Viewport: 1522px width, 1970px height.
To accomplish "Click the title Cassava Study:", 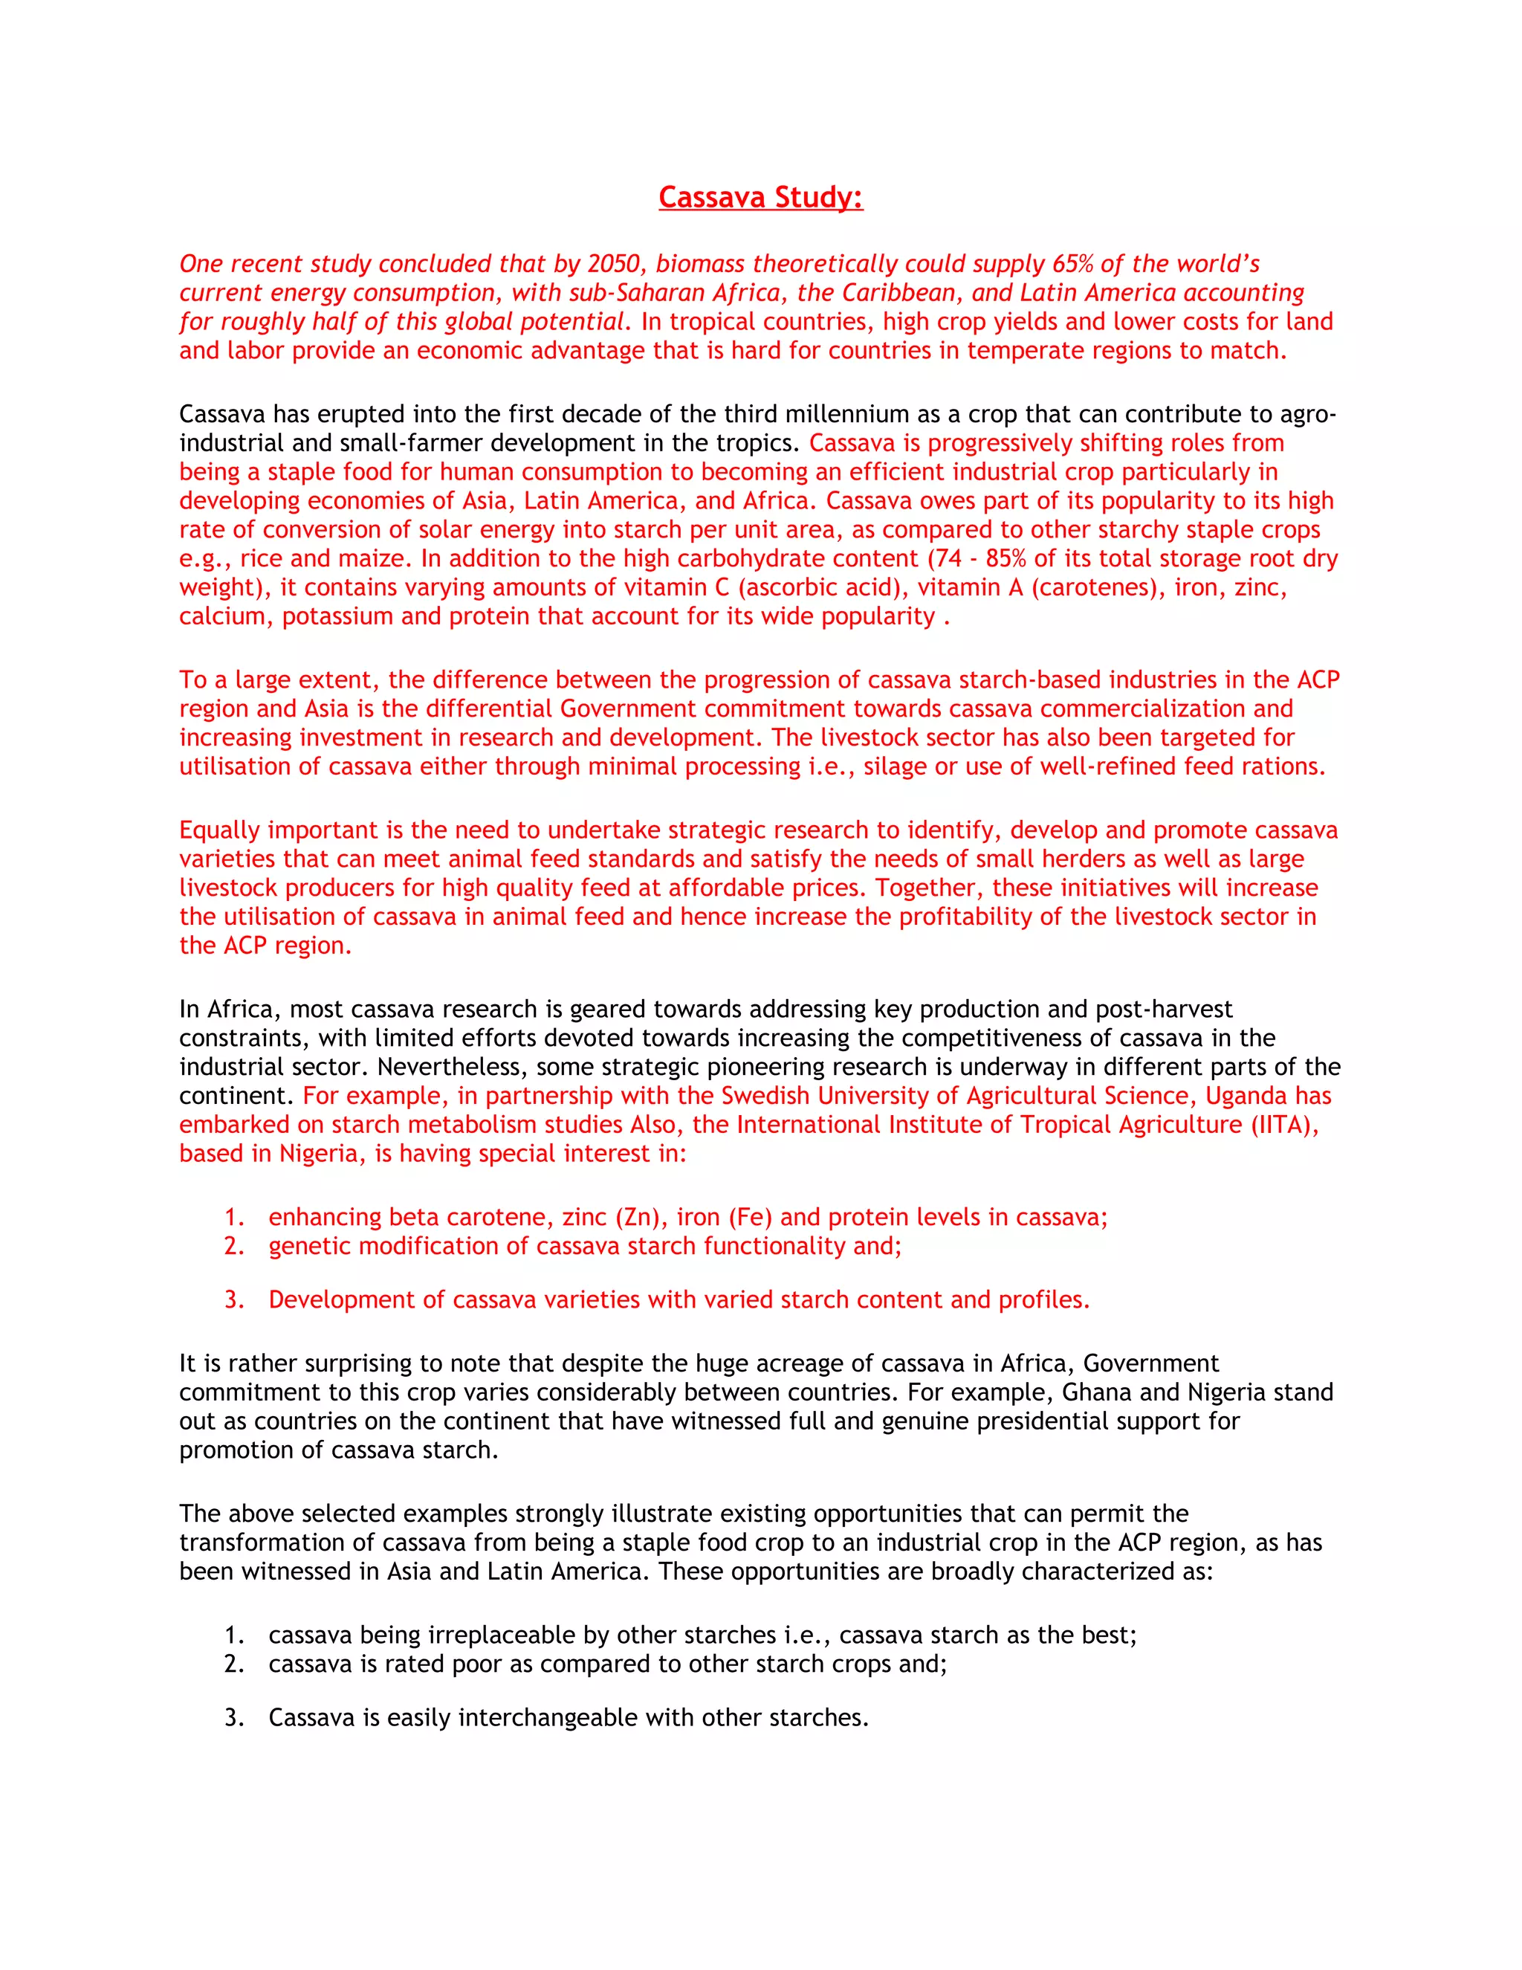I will click(x=760, y=197).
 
